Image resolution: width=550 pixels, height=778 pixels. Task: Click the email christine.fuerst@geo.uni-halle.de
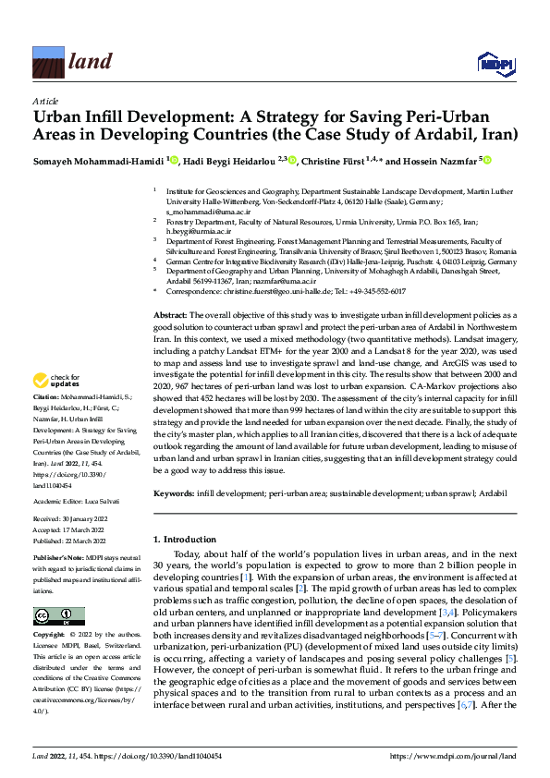(268, 291)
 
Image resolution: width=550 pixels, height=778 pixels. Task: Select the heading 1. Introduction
(189, 538)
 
